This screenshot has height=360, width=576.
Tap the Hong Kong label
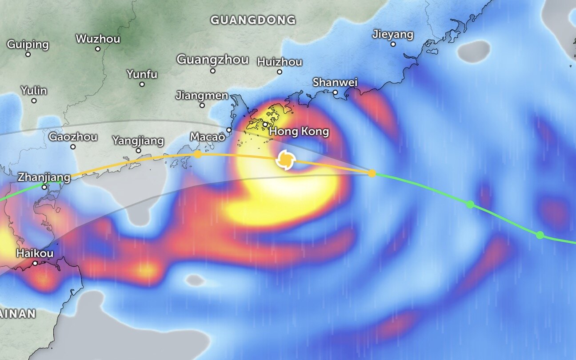299,132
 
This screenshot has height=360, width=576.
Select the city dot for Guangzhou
213,71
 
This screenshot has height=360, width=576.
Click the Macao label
208,137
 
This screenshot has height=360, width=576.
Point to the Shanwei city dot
336,92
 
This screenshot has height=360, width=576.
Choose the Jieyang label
392,34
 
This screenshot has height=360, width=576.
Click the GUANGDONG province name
253,20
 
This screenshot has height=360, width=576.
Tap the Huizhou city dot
280,72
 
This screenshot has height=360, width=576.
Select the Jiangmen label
202,95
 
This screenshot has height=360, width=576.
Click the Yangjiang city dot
138,151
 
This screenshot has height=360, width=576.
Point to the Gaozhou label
73,136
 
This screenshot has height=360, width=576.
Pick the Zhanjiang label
44,177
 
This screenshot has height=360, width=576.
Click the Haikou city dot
35,263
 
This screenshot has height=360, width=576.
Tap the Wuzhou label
98,39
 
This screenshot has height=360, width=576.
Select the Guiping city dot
28,54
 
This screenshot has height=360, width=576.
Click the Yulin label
34,91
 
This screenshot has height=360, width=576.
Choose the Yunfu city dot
142,84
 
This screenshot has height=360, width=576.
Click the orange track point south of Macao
198,154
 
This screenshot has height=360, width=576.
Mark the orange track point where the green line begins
372,173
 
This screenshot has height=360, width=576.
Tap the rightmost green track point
540,235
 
